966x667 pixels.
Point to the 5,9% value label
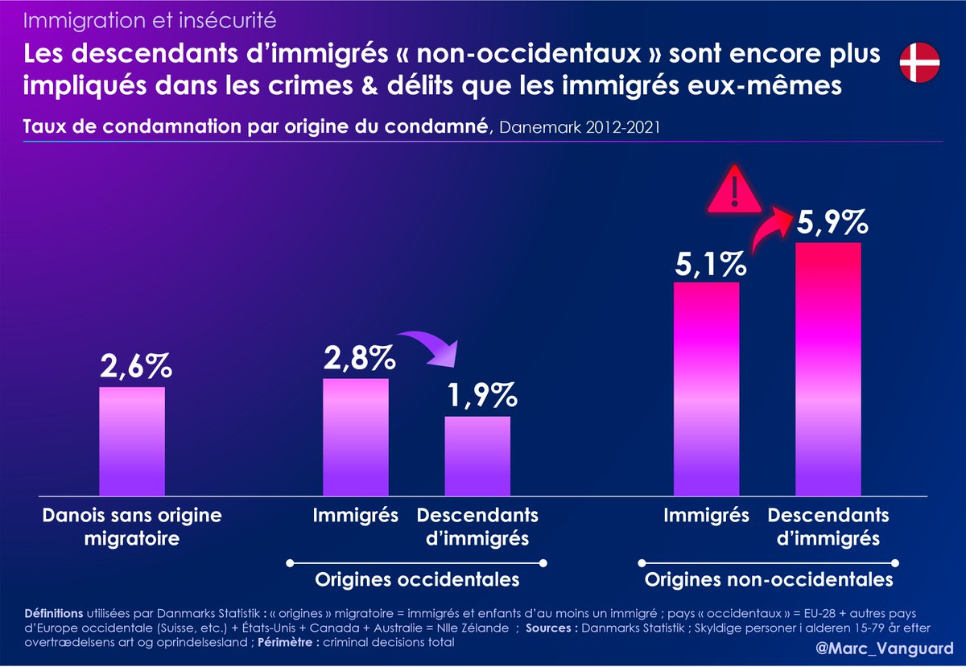[x=832, y=220]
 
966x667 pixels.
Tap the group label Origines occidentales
[x=417, y=579]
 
